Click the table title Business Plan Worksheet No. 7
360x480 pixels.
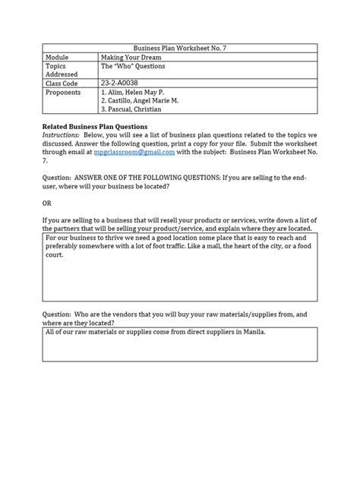[179, 47]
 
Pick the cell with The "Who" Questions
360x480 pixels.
[133, 66]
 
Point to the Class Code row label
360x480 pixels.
[65, 85]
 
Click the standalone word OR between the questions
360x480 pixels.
[47, 204]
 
